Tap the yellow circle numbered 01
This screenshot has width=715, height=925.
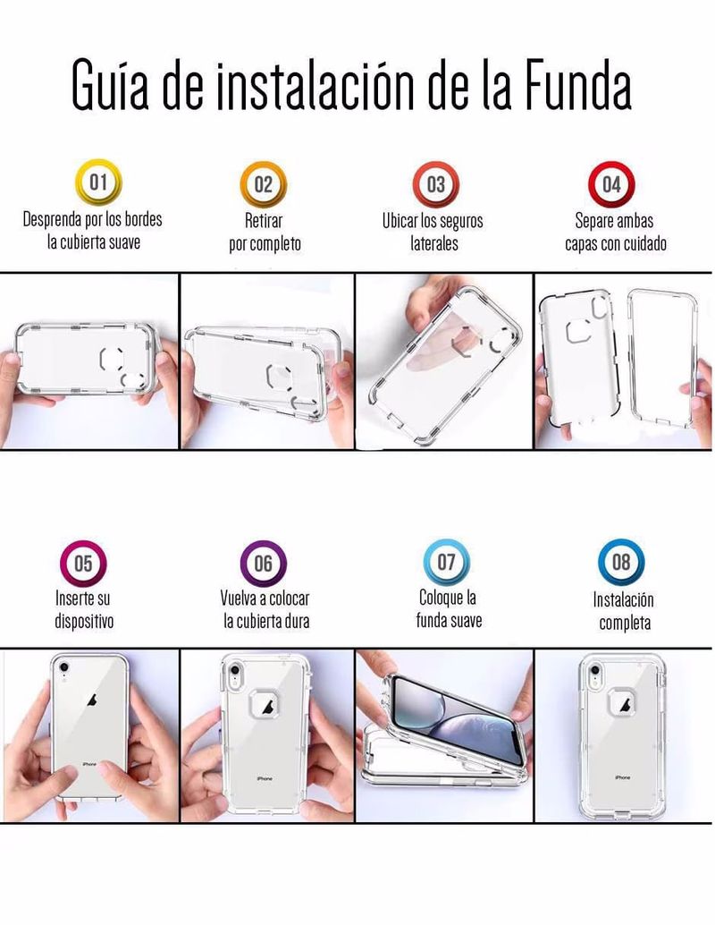pyautogui.click(x=98, y=182)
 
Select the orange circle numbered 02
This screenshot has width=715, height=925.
pyautogui.click(x=264, y=184)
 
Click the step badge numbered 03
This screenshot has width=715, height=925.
pyautogui.click(x=435, y=184)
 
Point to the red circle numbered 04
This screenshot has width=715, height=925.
pyautogui.click(x=612, y=184)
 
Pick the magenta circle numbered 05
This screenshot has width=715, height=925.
pyautogui.click(x=84, y=564)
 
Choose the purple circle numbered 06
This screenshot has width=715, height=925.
pyautogui.click(x=264, y=564)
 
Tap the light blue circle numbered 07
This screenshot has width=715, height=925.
pyautogui.click(x=447, y=562)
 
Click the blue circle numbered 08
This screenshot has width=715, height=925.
pyautogui.click(x=621, y=562)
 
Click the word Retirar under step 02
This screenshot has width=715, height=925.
pyautogui.click(x=264, y=221)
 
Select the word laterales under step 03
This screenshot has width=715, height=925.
pyautogui.click(x=434, y=243)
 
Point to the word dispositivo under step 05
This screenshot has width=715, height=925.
pyautogui.click(x=84, y=621)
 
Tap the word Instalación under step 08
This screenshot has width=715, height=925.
pyautogui.click(x=624, y=600)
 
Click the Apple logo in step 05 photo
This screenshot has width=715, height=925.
pyautogui.click(x=92, y=700)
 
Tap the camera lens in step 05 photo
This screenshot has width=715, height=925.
pyautogui.click(x=64, y=667)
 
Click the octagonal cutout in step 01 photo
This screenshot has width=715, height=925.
pyautogui.click(x=112, y=359)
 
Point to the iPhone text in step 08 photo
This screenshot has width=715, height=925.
pyautogui.click(x=622, y=778)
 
